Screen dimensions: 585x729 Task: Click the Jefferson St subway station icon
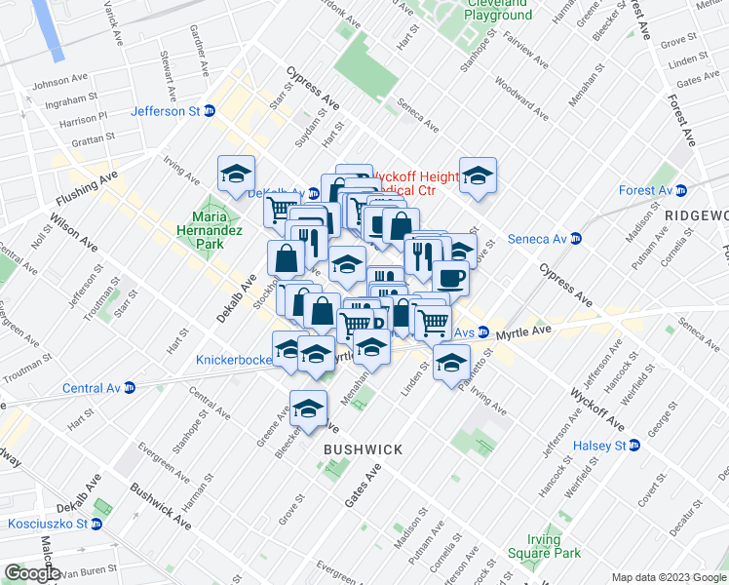tap(209, 111)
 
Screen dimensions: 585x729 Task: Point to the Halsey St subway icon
tap(634, 446)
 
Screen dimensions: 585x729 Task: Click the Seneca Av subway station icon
tap(576, 238)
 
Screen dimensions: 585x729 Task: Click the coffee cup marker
tap(450, 278)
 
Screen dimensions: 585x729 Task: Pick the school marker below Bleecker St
tap(308, 407)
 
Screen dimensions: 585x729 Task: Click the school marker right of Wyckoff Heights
tap(478, 175)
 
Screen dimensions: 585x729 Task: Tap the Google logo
tap(31, 573)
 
